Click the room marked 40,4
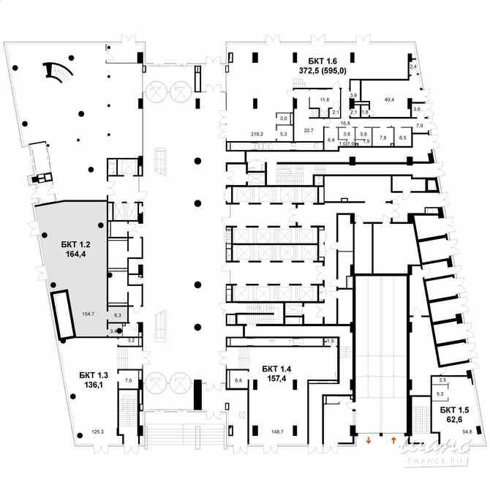click(x=388, y=99)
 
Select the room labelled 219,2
click(x=256, y=134)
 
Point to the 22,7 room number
click(x=308, y=130)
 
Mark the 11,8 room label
click(x=325, y=99)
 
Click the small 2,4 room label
click(x=412, y=67)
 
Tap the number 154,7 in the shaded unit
click(x=89, y=313)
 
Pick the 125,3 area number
click(x=98, y=432)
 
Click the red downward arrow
click(x=369, y=440)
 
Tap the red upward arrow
click(x=394, y=440)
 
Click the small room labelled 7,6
click(x=129, y=380)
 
